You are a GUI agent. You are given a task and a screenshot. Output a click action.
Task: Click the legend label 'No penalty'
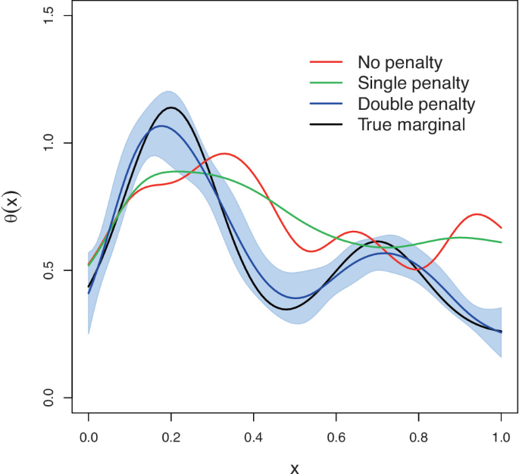click(399, 61)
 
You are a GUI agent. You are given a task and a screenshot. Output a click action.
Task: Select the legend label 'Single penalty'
click(413, 82)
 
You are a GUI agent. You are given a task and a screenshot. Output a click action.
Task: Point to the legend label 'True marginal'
click(411, 124)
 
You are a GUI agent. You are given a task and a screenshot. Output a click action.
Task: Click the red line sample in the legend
click(327, 61)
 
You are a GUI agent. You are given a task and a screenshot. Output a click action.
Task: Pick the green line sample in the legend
click(327, 82)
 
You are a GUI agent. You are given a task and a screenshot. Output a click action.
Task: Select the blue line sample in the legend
click(327, 103)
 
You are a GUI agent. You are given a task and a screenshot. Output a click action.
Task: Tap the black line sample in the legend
click(327, 124)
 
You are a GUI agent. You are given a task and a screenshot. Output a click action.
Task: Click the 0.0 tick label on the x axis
click(89, 438)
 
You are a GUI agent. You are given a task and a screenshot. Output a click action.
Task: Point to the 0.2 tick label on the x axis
click(171, 438)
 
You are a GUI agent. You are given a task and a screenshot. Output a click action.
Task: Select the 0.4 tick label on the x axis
click(254, 438)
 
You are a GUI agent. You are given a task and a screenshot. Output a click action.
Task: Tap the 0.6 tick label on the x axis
click(336, 438)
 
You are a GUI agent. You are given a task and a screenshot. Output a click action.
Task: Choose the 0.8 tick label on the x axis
click(419, 438)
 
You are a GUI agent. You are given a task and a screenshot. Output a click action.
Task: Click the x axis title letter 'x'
click(295, 467)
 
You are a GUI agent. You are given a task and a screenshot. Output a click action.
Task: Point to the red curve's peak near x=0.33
click(225, 154)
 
